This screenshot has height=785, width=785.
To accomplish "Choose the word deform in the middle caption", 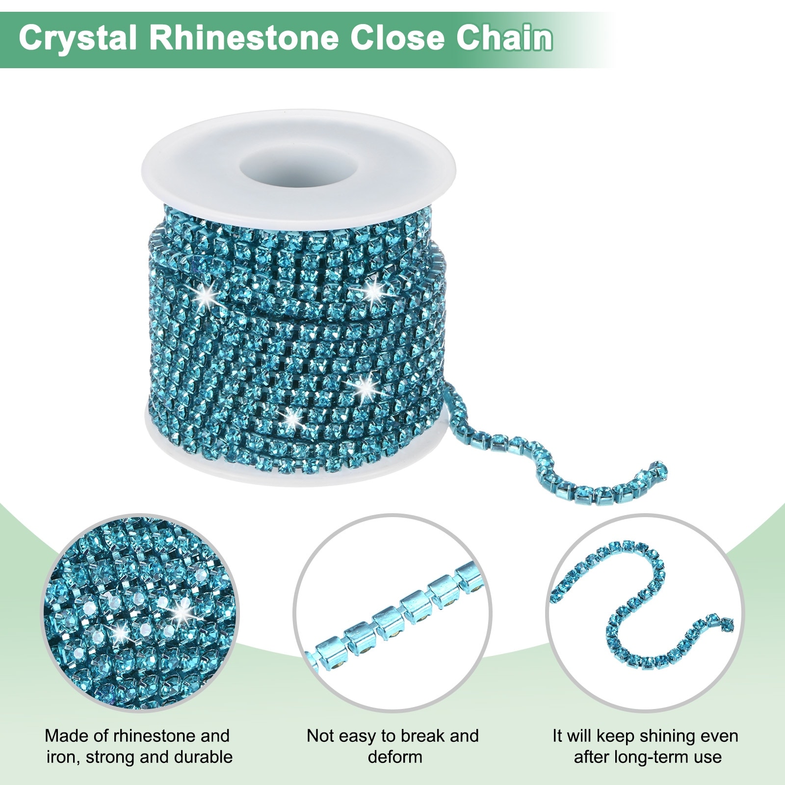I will point(395,757).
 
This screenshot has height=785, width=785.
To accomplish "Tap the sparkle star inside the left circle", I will point(183,611).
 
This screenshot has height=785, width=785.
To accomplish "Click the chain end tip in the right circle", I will point(726,623).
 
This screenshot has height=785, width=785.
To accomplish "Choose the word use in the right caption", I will point(707,757).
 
